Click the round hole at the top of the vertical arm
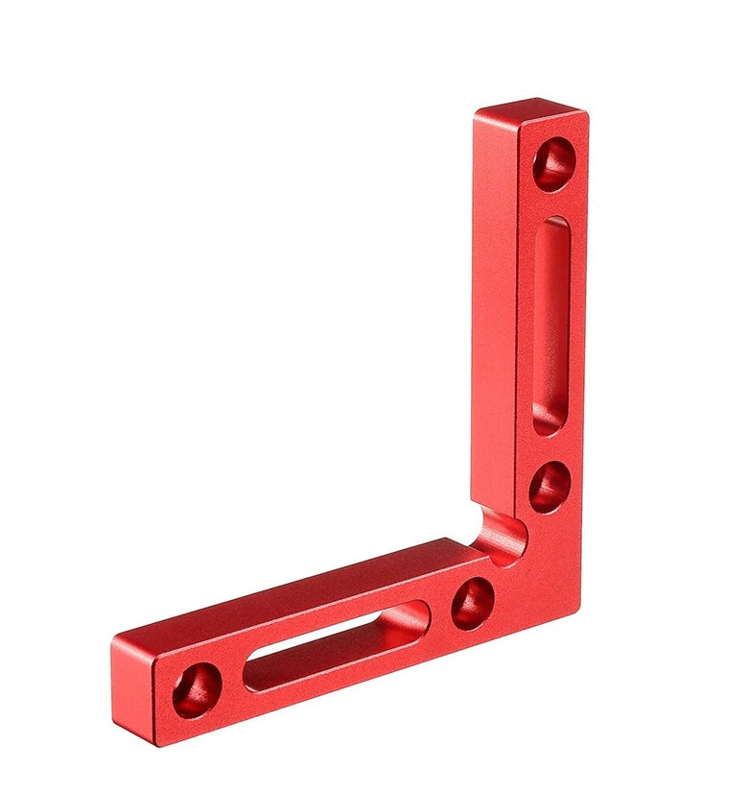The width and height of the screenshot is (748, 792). coord(554,163)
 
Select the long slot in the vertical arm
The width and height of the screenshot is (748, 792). coord(550,326)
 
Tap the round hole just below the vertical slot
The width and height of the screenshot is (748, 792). coord(550,487)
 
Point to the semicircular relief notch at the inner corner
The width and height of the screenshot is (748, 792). coord(501,534)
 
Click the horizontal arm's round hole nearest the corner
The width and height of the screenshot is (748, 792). coord(473,603)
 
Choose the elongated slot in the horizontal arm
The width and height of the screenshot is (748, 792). coord(336,646)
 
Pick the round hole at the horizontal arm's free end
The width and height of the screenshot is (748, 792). coord(198,689)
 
